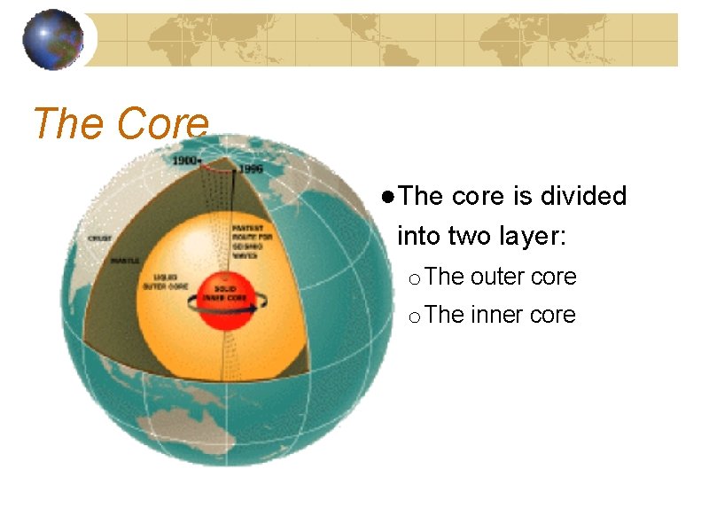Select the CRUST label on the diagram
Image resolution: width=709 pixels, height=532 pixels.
99,239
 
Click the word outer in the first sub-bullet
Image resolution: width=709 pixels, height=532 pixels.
498,277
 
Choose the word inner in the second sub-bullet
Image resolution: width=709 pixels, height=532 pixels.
498,315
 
